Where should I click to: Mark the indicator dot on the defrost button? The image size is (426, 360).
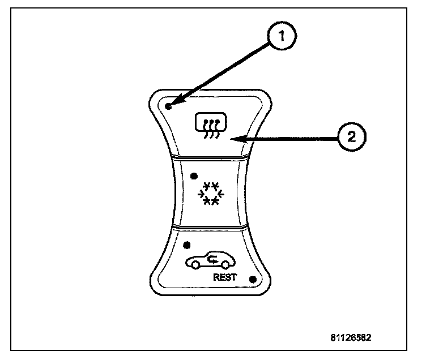click(x=169, y=106)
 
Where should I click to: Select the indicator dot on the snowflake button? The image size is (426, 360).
click(x=194, y=175)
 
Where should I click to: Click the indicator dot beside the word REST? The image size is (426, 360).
click(x=252, y=279)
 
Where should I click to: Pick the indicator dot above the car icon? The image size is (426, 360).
click(x=187, y=245)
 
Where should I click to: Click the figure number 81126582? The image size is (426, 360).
click(x=351, y=338)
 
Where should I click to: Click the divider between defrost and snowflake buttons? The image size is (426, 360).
click(x=210, y=157)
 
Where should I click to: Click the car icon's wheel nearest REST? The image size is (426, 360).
click(x=225, y=264)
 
